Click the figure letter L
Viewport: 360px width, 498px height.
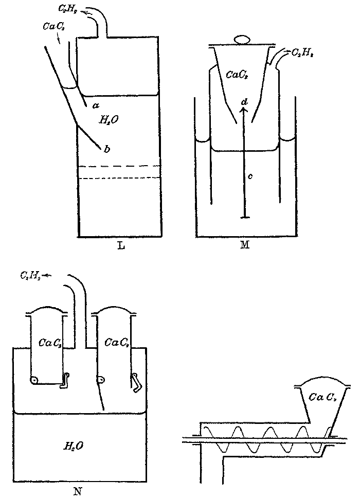click(x=119, y=245)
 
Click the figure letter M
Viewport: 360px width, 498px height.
click(x=244, y=245)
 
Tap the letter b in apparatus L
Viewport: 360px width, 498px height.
click(x=107, y=149)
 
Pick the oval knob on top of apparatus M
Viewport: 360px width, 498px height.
click(x=242, y=39)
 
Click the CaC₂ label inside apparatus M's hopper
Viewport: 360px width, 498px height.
click(x=236, y=74)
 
